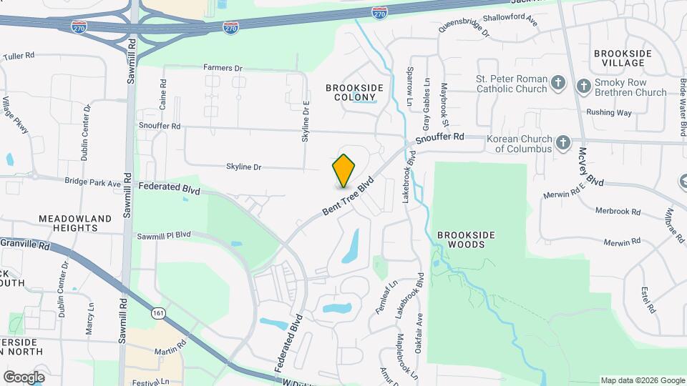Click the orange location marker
(344, 170)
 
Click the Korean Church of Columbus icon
(563, 142)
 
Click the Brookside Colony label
(354, 92)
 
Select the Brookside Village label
(623, 59)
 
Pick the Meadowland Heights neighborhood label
(75, 223)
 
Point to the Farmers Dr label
(223, 68)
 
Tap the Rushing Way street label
(609, 112)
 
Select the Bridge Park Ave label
(93, 183)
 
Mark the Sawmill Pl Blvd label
(164, 234)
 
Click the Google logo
(24, 377)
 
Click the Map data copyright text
(642, 380)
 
